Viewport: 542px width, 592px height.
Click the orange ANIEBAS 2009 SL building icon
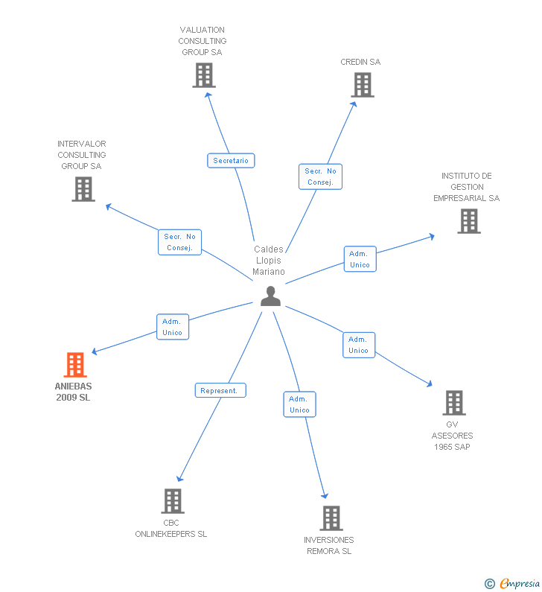[75, 365]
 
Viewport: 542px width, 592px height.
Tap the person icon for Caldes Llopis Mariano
[270, 296]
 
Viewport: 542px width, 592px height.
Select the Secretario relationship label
[231, 161]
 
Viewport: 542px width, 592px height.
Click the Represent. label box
[220, 390]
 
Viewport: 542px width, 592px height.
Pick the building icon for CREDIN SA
[363, 85]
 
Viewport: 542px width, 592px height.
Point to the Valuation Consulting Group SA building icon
[203, 75]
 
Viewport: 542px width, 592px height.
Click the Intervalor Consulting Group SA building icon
[83, 189]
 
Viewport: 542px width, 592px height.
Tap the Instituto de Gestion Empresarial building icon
[468, 221]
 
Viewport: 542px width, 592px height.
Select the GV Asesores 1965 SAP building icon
[453, 403]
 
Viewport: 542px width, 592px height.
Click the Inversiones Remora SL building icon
[331, 518]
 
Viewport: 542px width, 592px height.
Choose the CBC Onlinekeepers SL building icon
[172, 500]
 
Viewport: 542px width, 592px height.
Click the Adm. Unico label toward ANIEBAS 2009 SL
[172, 328]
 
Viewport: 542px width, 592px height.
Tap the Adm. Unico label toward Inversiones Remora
[299, 405]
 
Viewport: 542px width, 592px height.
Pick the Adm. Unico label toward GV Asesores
[358, 346]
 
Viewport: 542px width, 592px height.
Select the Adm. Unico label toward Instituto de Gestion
[360, 259]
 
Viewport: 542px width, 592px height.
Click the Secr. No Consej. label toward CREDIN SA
[321, 176]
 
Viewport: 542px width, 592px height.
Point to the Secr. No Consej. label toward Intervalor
[179, 242]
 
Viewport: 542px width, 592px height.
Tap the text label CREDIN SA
[360, 62]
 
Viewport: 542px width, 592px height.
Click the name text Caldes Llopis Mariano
[269, 260]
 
